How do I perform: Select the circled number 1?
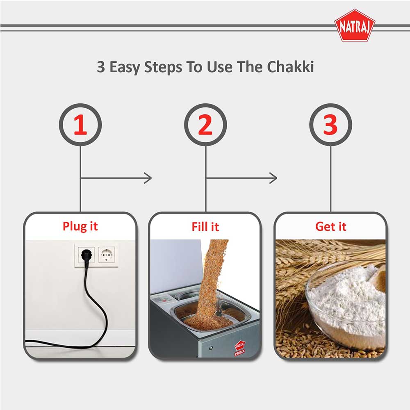click(x=80, y=125)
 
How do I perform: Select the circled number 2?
click(x=205, y=125)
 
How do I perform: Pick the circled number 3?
click(x=330, y=125)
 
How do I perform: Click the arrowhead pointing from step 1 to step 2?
click(x=148, y=178)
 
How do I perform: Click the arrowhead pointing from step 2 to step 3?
click(x=273, y=178)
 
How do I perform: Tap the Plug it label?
click(x=80, y=226)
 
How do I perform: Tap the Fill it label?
click(x=205, y=226)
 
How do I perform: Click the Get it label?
click(x=330, y=226)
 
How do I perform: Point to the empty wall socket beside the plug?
click(x=107, y=255)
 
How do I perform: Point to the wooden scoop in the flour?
click(x=379, y=279)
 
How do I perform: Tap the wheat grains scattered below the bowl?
click(x=312, y=344)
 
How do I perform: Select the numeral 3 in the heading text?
click(x=101, y=67)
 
